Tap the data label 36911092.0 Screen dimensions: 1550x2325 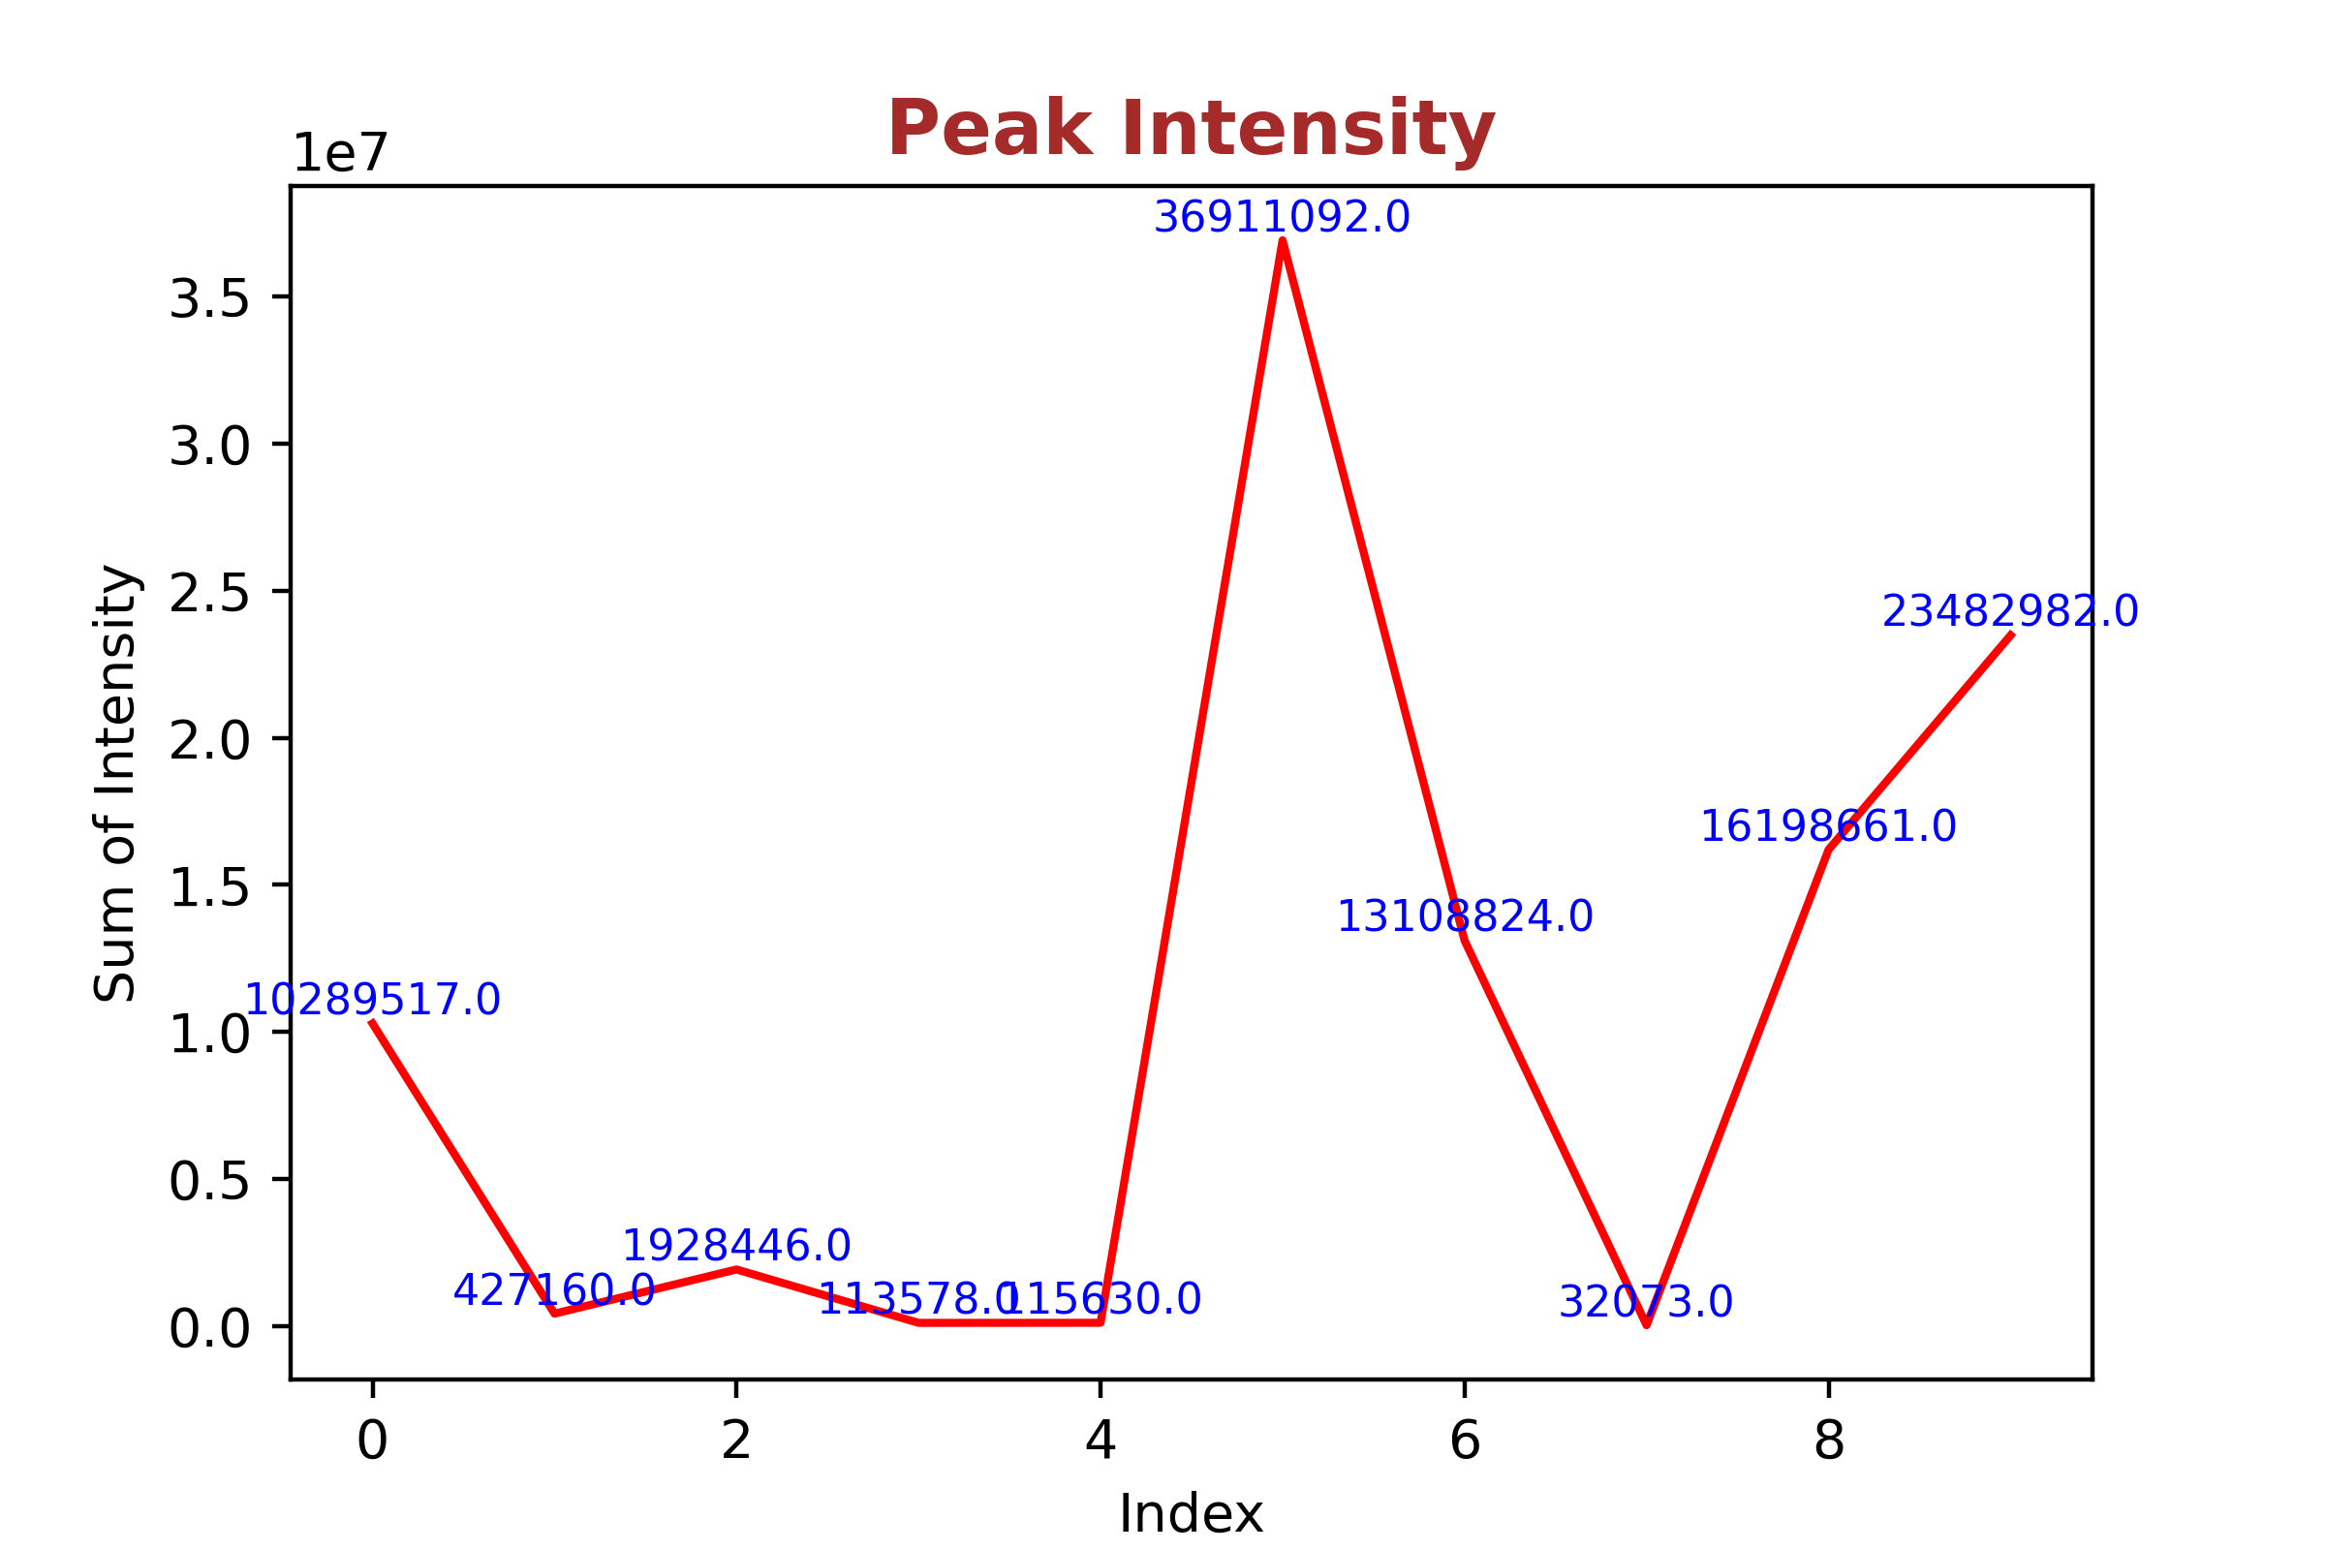(x=1281, y=217)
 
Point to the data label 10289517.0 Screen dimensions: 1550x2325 (x=373, y=1001)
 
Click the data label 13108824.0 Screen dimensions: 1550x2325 (x=1464, y=917)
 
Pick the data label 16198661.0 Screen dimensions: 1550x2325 (x=1828, y=826)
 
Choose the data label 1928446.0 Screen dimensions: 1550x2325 (x=735, y=1246)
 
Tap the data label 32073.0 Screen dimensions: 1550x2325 (x=1645, y=1302)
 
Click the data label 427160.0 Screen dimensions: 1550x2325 (x=553, y=1290)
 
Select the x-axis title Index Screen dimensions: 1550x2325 (x=1191, y=1513)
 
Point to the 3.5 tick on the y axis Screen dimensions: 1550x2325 (x=208, y=297)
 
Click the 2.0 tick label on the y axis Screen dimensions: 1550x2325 (x=208, y=740)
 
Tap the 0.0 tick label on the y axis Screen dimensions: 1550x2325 (x=208, y=1329)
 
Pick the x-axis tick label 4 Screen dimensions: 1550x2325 (x=1100, y=1441)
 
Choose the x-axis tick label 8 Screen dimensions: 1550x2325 (x=1828, y=1441)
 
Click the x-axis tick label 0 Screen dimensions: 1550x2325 (x=373, y=1441)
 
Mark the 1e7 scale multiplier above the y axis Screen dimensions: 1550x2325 (x=340, y=154)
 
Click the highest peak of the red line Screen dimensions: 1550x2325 (x=1282, y=241)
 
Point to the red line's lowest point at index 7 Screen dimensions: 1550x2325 (x=1646, y=1324)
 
